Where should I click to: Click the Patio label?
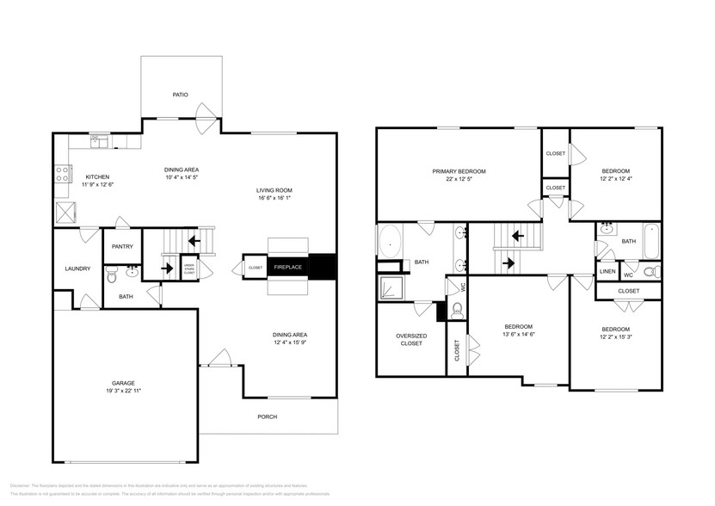pyautogui.click(x=180, y=95)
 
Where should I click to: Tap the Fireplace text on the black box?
pyautogui.click(x=287, y=268)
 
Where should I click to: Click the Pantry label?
pyautogui.click(x=121, y=246)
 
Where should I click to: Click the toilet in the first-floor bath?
pyautogui.click(x=111, y=275)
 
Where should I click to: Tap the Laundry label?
pyautogui.click(x=77, y=268)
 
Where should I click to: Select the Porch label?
pyautogui.click(x=268, y=417)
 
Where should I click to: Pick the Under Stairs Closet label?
pyautogui.click(x=189, y=268)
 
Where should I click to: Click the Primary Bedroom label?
pyautogui.click(x=459, y=172)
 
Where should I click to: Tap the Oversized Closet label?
pyautogui.click(x=410, y=339)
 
